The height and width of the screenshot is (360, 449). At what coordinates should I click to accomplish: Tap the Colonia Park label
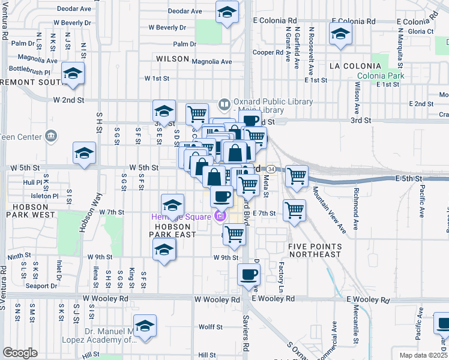380,76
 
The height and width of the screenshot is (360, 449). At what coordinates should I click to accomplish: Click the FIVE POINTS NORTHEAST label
315,251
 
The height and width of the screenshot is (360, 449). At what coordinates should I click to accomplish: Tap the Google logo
20,352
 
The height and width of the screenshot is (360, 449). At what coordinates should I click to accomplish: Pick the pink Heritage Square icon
220,216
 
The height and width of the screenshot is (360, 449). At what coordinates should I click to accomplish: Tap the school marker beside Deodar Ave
227,13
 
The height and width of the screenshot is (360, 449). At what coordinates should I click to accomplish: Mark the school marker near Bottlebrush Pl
73,74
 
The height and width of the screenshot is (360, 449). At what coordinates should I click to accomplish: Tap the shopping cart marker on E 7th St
294,210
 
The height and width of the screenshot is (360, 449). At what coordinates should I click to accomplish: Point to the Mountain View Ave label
330,209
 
